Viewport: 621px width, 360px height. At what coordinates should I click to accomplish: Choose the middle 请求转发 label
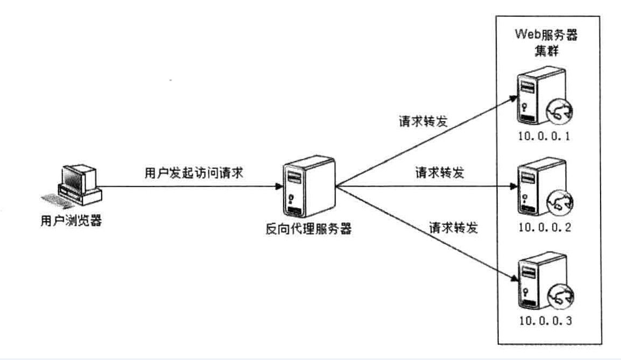click(x=440, y=173)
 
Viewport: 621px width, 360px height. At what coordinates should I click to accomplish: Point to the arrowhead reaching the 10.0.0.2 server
click(x=512, y=187)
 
